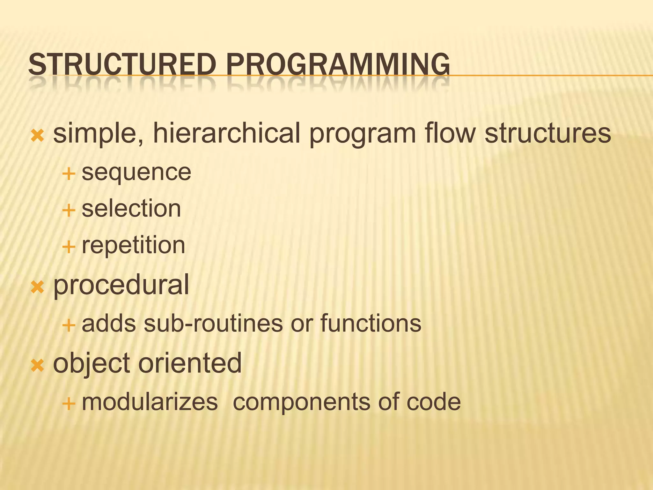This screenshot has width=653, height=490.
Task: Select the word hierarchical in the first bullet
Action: (227, 133)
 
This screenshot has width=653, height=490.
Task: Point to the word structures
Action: (547, 133)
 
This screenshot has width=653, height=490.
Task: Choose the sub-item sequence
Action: (136, 173)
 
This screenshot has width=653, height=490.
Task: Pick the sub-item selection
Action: (131, 209)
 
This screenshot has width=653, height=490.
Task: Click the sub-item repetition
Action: (133, 246)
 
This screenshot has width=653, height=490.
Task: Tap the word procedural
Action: (121, 285)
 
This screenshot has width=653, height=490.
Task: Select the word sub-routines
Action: (213, 323)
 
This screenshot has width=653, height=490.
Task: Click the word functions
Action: (371, 323)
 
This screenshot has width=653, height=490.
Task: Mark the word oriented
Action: (190, 363)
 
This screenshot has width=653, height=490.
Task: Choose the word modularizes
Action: (150, 402)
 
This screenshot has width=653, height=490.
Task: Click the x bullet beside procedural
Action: (37, 287)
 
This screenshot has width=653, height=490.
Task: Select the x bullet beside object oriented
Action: (37, 366)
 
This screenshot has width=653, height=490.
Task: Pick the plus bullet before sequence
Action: (69, 174)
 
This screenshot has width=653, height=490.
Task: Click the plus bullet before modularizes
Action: (69, 404)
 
